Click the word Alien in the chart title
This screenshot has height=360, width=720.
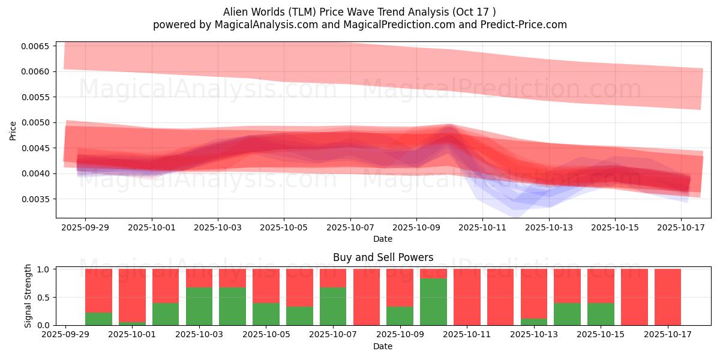pyautogui.click(x=236, y=12)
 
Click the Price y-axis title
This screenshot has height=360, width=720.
pyautogui.click(x=13, y=130)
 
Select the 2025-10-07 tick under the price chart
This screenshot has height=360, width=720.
pyautogui.click(x=350, y=228)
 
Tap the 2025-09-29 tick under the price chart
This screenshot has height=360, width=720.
pyautogui.click(x=85, y=228)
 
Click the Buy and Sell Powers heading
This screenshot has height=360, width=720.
pyautogui.click(x=383, y=257)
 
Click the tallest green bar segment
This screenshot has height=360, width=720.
pyautogui.click(x=433, y=302)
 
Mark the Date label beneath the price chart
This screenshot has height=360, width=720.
pyautogui.click(x=383, y=239)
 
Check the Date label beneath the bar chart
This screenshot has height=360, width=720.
pyautogui.click(x=383, y=346)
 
